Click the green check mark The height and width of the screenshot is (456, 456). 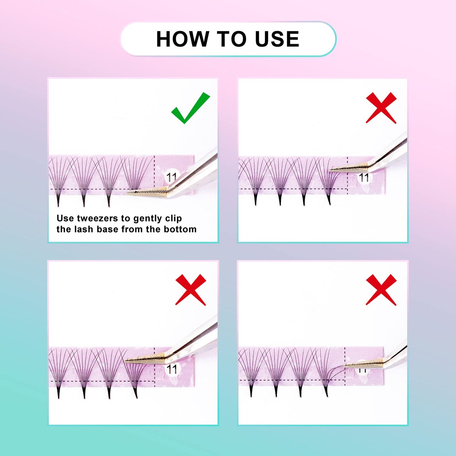[x=190, y=108]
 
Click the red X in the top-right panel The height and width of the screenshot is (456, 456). [x=381, y=108]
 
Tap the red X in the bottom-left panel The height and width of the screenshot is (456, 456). [x=191, y=290]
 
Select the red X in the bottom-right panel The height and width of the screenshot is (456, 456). [x=381, y=290]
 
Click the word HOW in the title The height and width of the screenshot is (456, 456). [x=183, y=39]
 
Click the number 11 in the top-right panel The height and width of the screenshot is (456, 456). [x=364, y=178]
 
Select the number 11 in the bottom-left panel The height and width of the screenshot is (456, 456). [x=172, y=369]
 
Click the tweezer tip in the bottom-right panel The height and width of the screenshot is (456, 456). [x=346, y=366]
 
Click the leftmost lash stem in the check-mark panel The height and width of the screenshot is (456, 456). [x=58, y=199]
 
